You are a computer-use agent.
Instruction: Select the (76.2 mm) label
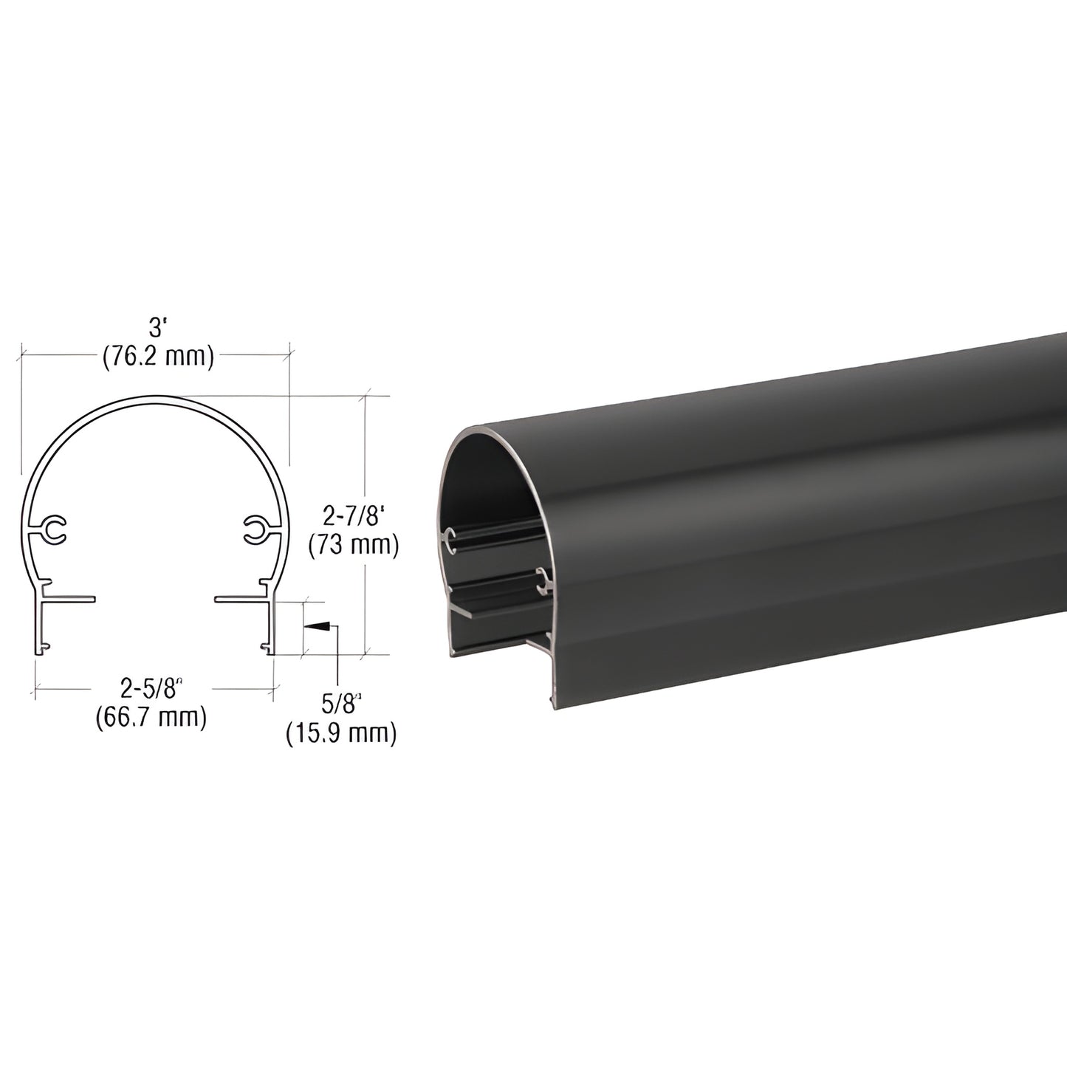point(158,357)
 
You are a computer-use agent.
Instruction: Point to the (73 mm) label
point(353,546)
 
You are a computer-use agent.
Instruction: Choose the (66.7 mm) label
point(151,718)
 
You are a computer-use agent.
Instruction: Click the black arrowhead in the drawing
point(318,626)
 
